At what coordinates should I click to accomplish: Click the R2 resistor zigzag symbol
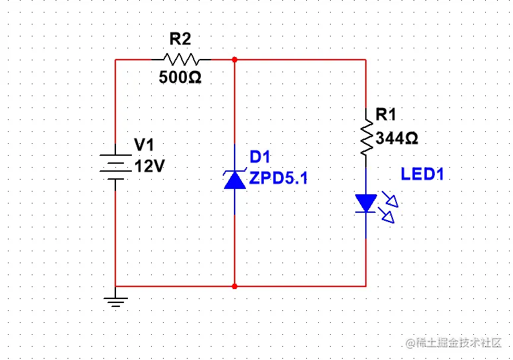pyautogui.click(x=181, y=60)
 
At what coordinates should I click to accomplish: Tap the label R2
pyautogui.click(x=180, y=39)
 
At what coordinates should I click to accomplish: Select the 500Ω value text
pyautogui.click(x=180, y=78)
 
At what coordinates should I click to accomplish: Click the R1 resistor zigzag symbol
pyautogui.click(x=366, y=137)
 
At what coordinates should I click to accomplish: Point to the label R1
pyautogui.click(x=386, y=115)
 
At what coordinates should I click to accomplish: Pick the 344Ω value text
pyautogui.click(x=397, y=138)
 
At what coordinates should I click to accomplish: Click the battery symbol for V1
pyautogui.click(x=115, y=167)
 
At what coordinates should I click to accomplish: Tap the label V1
pyautogui.click(x=144, y=145)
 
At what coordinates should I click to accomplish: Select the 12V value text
pyautogui.click(x=150, y=166)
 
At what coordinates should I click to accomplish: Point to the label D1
pyautogui.click(x=260, y=156)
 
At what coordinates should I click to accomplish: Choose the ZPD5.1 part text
pyautogui.click(x=278, y=178)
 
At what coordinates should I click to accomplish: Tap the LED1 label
pyautogui.click(x=422, y=174)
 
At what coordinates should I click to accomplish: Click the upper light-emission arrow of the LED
pyautogui.click(x=390, y=200)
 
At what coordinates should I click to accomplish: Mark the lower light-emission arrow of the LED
pyautogui.click(x=386, y=215)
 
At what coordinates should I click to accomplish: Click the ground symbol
pyautogui.click(x=115, y=302)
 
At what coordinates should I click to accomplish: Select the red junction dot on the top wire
pyautogui.click(x=235, y=60)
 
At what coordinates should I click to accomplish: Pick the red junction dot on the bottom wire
pyautogui.click(x=235, y=286)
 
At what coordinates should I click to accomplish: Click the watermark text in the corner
pyautogui.click(x=454, y=343)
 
